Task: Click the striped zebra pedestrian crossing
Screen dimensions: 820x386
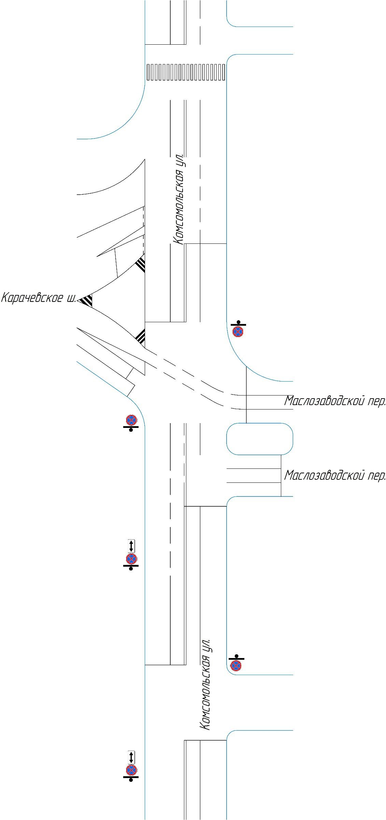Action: [x=186, y=72]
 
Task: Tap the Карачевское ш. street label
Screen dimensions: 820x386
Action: [x=39, y=298]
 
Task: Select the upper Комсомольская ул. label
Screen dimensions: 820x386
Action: [x=179, y=199]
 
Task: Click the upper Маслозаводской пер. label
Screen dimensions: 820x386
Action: [x=335, y=401]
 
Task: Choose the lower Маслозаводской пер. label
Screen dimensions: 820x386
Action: [x=335, y=475]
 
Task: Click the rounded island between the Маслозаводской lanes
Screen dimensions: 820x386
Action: [x=260, y=439]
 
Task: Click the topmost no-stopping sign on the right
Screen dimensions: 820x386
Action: [x=238, y=331]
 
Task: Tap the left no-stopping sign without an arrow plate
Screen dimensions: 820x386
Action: [x=131, y=420]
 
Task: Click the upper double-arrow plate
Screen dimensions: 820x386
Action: [x=131, y=546]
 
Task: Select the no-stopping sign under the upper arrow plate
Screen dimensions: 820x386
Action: [x=131, y=559]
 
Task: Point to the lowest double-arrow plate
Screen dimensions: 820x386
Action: [x=131, y=757]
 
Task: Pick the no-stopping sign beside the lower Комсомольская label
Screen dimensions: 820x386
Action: [x=236, y=665]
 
